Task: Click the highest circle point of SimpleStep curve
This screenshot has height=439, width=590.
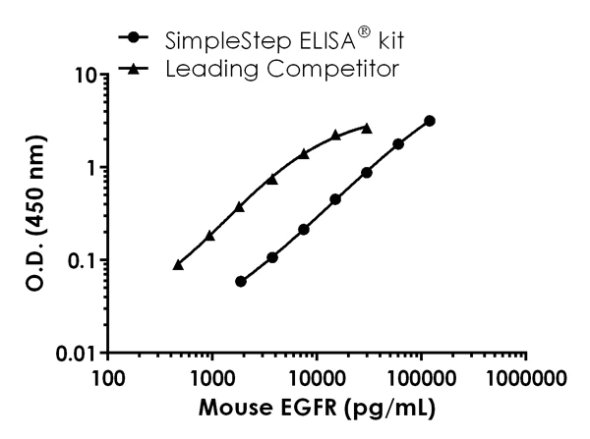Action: (x=430, y=121)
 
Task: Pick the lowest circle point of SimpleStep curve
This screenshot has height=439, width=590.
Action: (x=241, y=281)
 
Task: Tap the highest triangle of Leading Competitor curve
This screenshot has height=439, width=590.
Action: (x=367, y=128)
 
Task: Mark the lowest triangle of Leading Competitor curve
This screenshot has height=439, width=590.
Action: (x=178, y=264)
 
